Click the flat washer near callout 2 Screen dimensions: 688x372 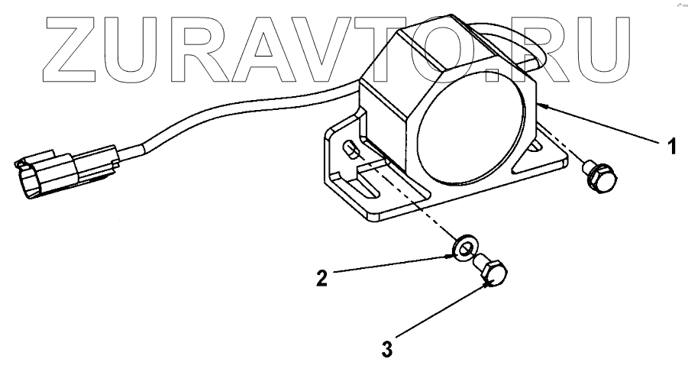(x=465, y=248)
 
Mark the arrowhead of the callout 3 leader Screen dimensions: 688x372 (x=489, y=285)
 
